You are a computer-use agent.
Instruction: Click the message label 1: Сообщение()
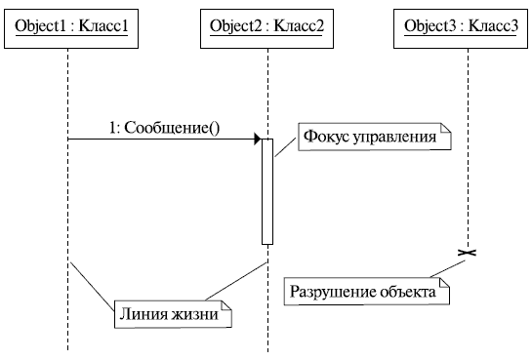[164, 127]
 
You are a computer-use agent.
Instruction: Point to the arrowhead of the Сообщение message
[257, 139]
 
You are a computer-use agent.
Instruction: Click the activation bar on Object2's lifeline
[266, 190]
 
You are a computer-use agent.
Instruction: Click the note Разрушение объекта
[367, 292]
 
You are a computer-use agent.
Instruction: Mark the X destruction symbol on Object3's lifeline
[468, 253]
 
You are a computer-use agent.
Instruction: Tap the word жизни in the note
[198, 314]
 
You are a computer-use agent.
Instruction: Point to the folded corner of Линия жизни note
[227, 305]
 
